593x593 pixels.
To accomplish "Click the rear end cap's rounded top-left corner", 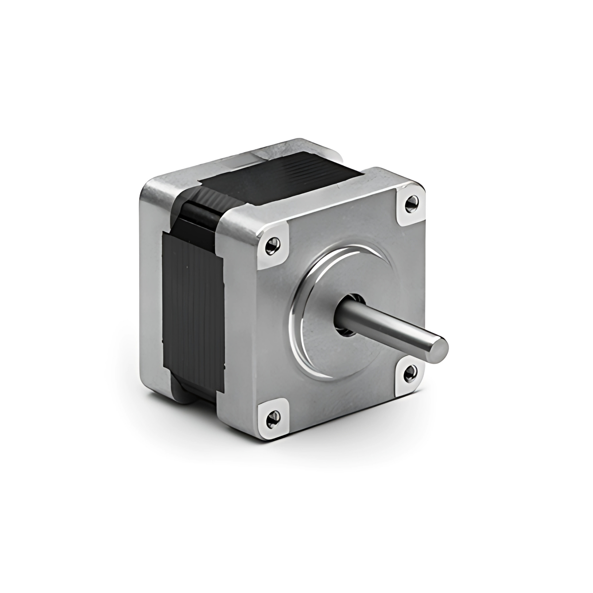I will [147, 190].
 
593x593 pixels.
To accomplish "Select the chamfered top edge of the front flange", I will [307, 200].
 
